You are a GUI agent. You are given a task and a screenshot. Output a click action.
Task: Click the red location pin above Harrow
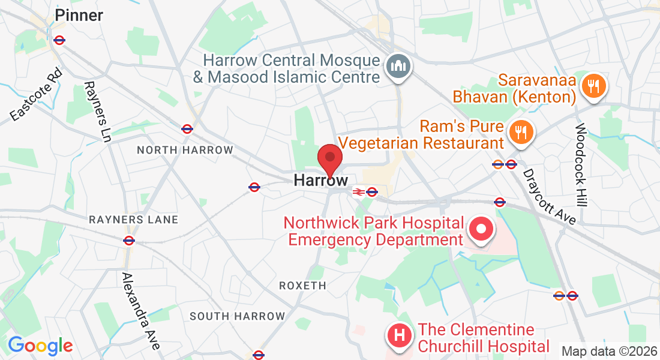click(329, 158)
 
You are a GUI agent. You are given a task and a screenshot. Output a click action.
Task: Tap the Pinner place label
click(79, 16)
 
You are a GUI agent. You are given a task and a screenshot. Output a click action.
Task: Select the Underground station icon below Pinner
click(59, 40)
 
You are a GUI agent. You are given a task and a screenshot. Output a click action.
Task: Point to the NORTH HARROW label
click(185, 150)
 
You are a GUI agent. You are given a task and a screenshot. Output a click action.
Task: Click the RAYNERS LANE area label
click(133, 220)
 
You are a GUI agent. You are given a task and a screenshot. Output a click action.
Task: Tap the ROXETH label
click(303, 286)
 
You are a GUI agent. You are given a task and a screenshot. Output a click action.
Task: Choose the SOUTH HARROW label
click(237, 316)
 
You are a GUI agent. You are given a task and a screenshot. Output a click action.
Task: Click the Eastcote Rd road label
click(36, 95)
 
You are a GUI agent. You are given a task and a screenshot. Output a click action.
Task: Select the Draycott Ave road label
click(550, 197)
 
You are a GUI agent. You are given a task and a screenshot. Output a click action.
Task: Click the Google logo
click(40, 346)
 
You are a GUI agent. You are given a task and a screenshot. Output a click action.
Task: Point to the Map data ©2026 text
click(608, 351)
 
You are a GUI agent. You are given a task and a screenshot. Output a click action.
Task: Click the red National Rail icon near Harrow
click(358, 192)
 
